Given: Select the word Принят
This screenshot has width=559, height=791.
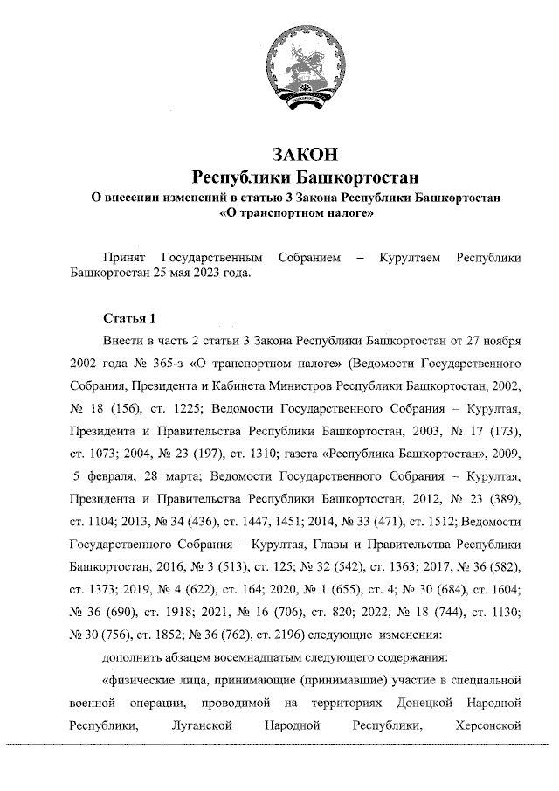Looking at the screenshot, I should pos(124,258).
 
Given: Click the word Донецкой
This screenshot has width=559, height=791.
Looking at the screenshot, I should pos(423,702).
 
